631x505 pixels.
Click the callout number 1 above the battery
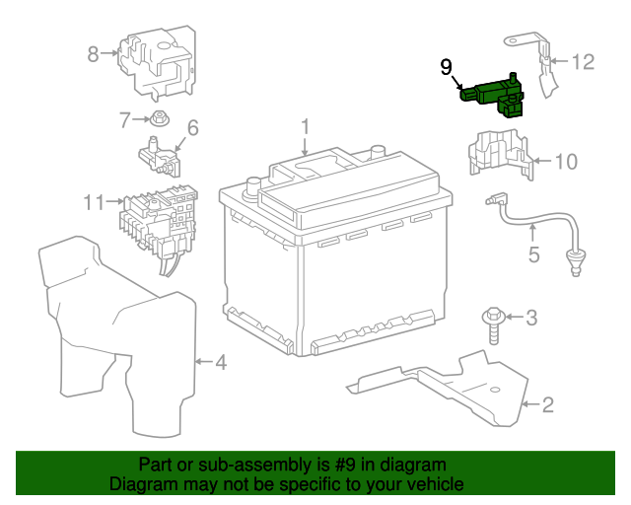306,127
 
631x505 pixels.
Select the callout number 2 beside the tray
548,403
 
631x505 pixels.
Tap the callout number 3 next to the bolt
531,318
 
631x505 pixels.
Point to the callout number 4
221,363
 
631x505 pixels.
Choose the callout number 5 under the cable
533,254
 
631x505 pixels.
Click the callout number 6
193,127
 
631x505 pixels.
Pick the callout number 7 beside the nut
125,120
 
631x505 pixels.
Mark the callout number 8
93,54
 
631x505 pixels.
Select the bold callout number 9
447,67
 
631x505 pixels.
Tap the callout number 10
565,161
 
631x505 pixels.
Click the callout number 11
94,202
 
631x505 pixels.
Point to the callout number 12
584,62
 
